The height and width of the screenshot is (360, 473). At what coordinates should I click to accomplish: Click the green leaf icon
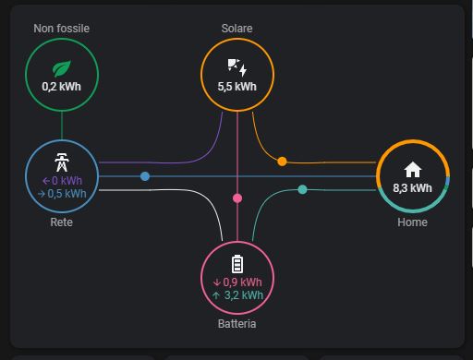pyautogui.click(x=61, y=67)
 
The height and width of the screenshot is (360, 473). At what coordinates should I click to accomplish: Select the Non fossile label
pyautogui.click(x=61, y=29)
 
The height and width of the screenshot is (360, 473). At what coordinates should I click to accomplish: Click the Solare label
pyautogui.click(x=237, y=29)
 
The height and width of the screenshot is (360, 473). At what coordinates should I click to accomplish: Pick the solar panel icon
pyautogui.click(x=237, y=67)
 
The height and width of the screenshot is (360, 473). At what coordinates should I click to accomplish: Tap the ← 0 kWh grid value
pyautogui.click(x=62, y=180)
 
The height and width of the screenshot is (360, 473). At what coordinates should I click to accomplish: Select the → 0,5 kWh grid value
pyautogui.click(x=62, y=194)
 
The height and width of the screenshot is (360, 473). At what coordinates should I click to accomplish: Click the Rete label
pyautogui.click(x=61, y=222)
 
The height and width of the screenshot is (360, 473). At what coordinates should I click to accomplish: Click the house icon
pyautogui.click(x=412, y=169)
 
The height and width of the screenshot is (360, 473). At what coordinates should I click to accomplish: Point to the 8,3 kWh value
pyautogui.click(x=412, y=187)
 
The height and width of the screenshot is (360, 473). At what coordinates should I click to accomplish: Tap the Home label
pyautogui.click(x=412, y=222)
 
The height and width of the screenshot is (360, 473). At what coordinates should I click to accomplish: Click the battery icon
pyautogui.click(x=237, y=263)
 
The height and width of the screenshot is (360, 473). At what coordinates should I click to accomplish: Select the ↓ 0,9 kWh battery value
pyautogui.click(x=237, y=282)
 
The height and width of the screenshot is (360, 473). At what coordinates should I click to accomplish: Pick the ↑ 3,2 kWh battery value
pyautogui.click(x=237, y=295)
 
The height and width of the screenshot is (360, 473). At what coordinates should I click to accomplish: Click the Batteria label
pyautogui.click(x=237, y=324)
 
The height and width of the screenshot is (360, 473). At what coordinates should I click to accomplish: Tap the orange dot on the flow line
pyautogui.click(x=282, y=162)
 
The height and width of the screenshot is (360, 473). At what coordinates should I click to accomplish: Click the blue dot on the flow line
pyautogui.click(x=145, y=175)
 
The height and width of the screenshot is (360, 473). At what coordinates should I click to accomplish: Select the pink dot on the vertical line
pyautogui.click(x=237, y=198)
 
